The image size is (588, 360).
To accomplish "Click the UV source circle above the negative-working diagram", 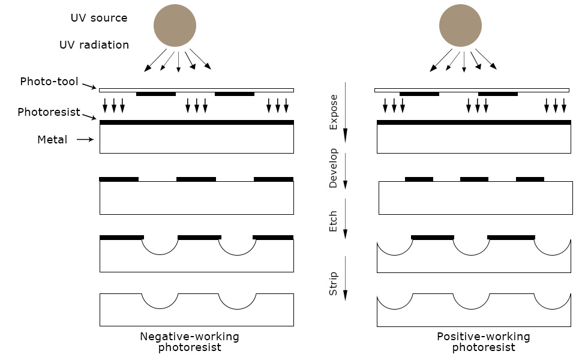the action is (175, 25).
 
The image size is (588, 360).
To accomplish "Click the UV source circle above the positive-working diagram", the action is (461, 25).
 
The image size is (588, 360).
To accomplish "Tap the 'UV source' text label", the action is (99, 18).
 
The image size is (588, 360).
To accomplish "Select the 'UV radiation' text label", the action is (94, 45).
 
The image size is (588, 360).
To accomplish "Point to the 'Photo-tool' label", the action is (49, 82).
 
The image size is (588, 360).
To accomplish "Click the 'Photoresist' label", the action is (49, 112).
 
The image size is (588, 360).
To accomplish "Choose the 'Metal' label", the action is (52, 139).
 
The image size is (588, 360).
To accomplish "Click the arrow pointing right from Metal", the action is (85, 139).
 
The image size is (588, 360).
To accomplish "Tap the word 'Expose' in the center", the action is (334, 112).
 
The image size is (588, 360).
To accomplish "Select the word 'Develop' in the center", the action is (334, 168).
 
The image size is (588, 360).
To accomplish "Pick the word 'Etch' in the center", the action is (334, 221).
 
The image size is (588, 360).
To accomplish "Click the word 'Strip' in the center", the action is (334, 283).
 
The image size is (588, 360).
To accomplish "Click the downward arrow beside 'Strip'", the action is (346, 278).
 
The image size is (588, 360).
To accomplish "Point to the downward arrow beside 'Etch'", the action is (346, 218).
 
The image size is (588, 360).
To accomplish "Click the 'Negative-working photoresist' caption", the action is (190, 341).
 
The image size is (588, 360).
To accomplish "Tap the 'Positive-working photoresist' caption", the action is (484, 341).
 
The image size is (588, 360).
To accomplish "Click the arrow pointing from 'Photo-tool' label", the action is (89, 86).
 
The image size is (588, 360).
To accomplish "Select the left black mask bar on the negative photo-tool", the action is (156, 94).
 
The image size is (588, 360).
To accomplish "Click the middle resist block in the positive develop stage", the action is (475, 179).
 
